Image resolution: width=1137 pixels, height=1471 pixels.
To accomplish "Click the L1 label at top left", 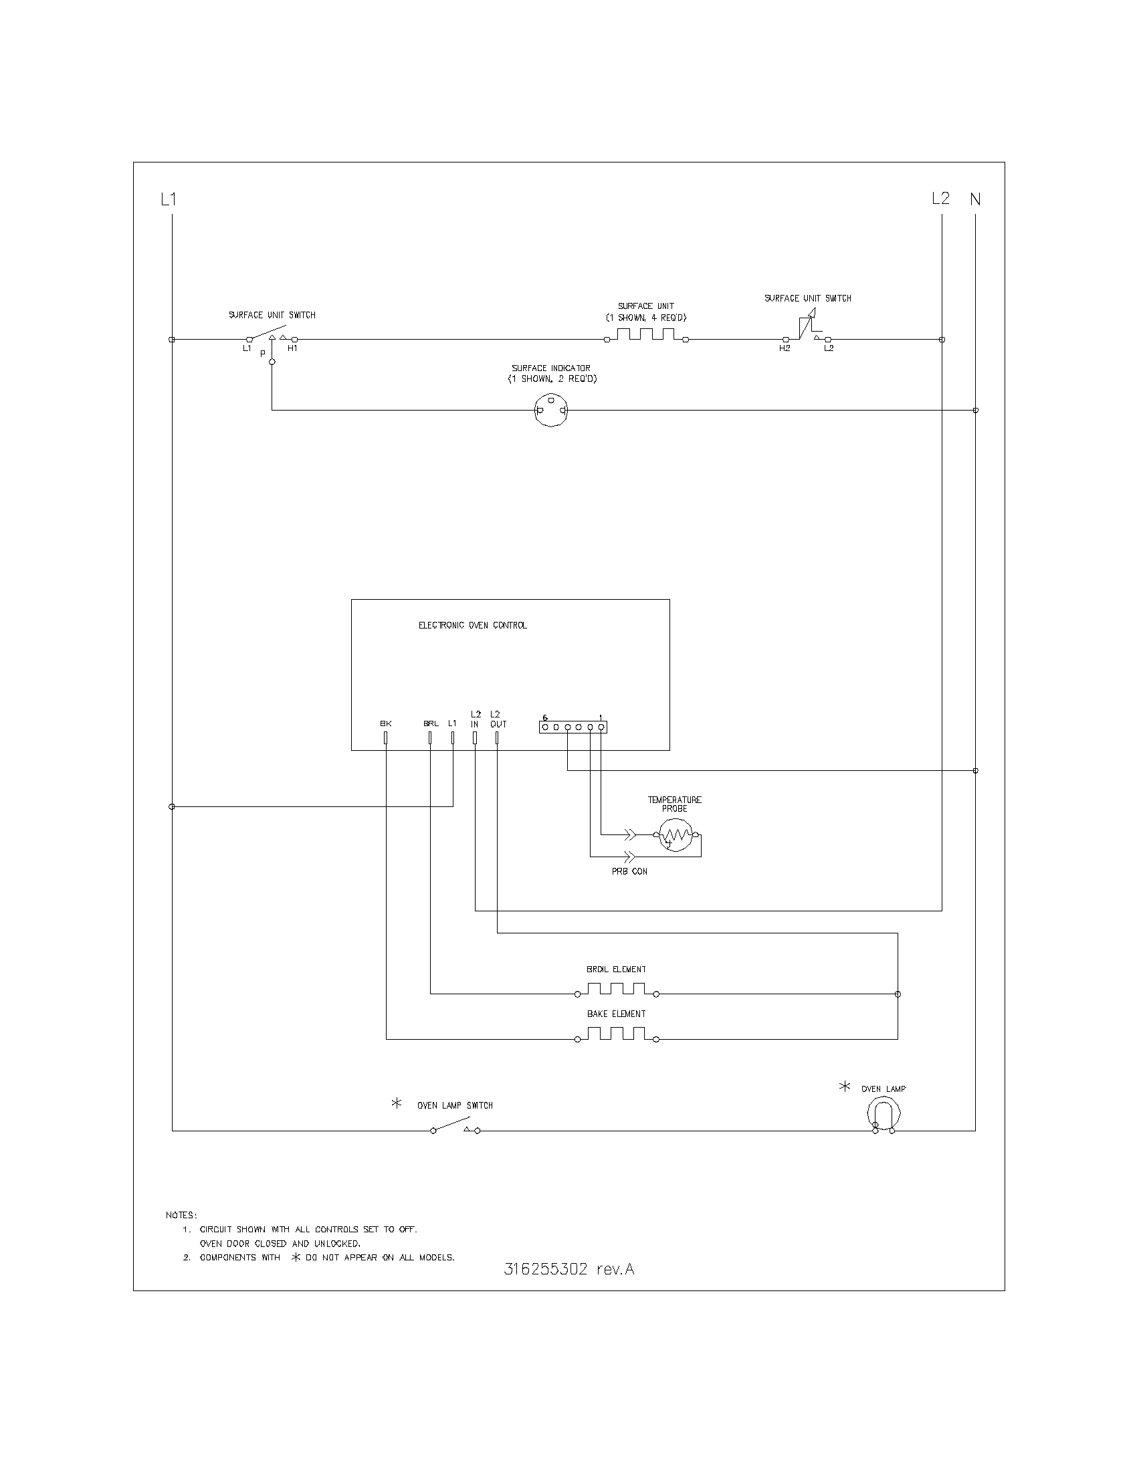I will (168, 199).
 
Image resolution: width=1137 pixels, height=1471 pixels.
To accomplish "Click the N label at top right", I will (975, 199).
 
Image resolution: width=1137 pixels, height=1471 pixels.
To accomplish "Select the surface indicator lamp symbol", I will (550, 410).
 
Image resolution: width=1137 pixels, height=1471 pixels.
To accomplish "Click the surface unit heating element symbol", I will (646, 335).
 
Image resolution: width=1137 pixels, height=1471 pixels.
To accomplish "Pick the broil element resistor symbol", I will (617, 990).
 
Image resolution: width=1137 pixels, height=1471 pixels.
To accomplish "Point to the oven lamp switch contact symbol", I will (455, 1125).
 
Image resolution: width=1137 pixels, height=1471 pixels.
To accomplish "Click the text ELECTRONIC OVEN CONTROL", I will (473, 625).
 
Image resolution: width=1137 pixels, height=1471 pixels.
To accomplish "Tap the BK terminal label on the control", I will (385, 723).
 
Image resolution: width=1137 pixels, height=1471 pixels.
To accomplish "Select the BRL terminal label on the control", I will (431, 723).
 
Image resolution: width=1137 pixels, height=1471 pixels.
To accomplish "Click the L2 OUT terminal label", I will (498, 719).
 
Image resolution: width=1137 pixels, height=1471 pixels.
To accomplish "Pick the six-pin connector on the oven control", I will (573, 727).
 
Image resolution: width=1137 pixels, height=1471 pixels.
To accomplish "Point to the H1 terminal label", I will (292, 349).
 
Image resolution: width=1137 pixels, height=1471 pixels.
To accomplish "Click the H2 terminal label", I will (785, 349).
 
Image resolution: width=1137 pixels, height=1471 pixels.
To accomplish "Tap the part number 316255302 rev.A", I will (569, 1270).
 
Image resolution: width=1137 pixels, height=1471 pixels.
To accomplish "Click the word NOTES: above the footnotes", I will (181, 1215).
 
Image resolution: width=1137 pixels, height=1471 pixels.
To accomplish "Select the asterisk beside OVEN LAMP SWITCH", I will (397, 1103).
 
